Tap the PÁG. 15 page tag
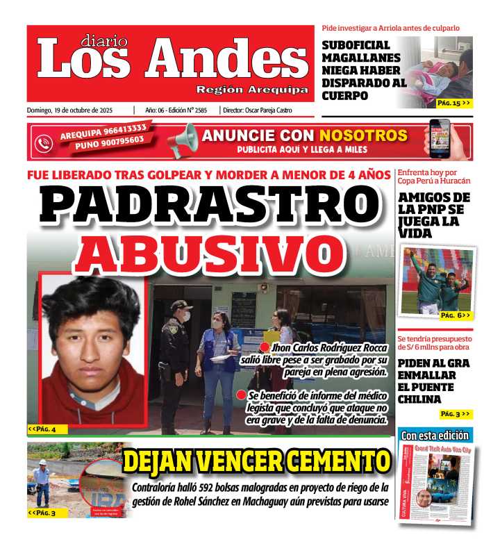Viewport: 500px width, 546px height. (454, 102)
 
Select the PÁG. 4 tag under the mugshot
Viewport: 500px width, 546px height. (42, 429)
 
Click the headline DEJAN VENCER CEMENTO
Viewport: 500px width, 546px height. (256, 461)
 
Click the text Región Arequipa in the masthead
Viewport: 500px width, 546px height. (252, 90)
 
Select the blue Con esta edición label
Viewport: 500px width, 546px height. (435, 436)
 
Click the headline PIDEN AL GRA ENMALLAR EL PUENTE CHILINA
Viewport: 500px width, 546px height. (433, 381)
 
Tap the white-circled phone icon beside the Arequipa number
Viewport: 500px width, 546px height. (44, 142)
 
